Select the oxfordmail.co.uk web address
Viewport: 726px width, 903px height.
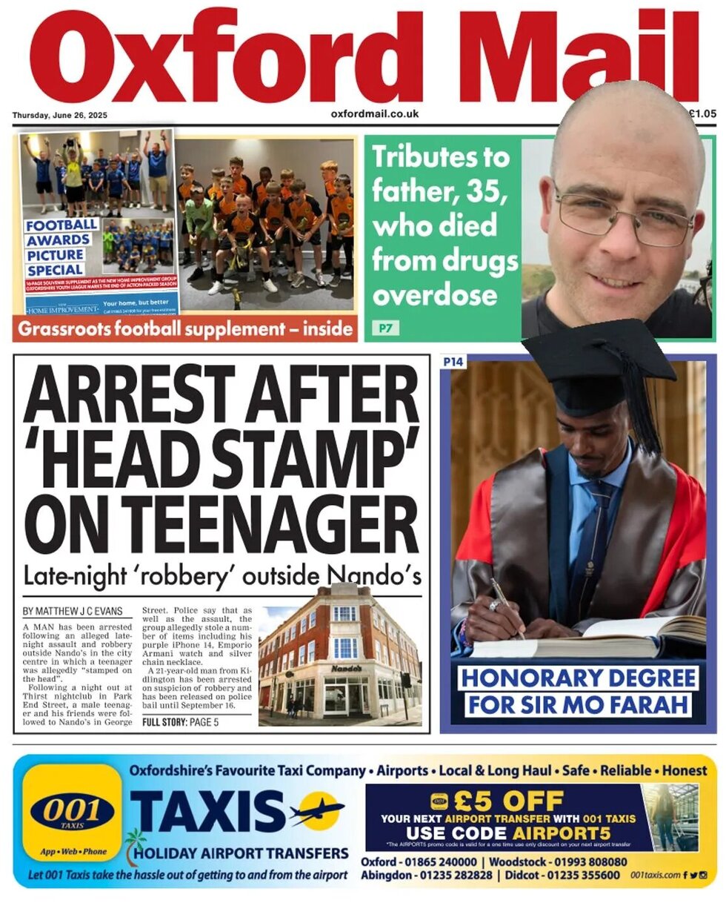(374, 114)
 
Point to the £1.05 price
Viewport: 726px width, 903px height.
(702, 114)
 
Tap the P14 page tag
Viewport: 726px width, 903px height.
(453, 362)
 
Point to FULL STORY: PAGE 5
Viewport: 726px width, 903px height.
(180, 722)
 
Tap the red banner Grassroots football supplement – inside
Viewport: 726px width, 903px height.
(184, 328)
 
